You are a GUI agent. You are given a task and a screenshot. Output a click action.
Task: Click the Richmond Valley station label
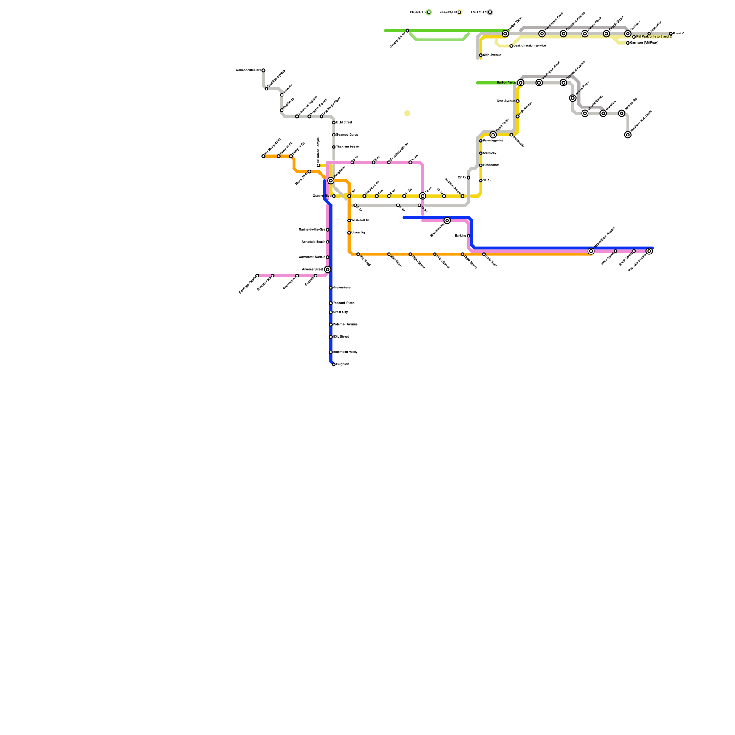point(345,352)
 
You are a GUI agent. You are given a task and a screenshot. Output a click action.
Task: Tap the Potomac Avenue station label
point(345,325)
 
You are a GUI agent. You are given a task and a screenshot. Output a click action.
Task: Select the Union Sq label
point(358,233)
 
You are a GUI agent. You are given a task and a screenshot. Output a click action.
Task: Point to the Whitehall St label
point(360,220)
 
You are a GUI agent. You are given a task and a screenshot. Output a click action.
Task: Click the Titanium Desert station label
point(347,147)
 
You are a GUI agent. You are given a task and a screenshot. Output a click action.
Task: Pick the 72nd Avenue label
point(505,101)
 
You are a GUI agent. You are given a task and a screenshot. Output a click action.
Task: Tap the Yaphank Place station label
point(344,303)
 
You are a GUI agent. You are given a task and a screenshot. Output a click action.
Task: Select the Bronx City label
point(340,312)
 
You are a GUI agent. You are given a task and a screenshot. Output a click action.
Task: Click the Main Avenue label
point(492,55)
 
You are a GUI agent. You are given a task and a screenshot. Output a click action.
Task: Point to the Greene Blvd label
point(321,196)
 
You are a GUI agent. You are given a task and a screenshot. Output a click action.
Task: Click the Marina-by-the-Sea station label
point(312,230)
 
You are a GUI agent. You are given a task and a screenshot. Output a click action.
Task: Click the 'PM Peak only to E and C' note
point(654,37)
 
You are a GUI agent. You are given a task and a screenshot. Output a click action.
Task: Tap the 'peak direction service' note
point(530,46)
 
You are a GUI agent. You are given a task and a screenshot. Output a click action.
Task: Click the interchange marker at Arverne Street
point(328,270)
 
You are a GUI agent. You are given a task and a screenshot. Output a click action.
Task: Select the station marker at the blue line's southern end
point(334,365)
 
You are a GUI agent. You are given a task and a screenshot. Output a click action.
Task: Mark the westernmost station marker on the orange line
point(263,156)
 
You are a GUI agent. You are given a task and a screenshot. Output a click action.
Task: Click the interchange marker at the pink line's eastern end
point(649,251)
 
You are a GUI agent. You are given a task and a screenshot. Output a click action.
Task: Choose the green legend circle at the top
point(429,12)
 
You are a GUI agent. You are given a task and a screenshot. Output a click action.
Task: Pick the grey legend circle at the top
point(490,12)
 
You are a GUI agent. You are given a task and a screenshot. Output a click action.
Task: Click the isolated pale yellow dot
point(407,113)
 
